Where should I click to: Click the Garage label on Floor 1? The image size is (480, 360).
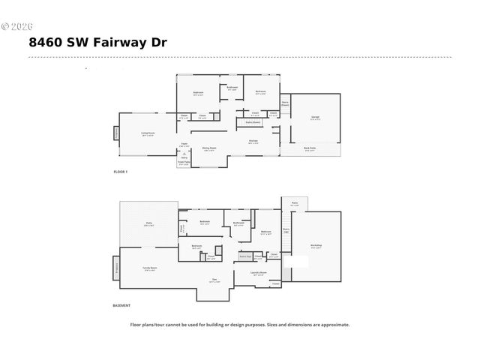[315, 117]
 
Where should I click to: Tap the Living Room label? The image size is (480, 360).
[148, 133]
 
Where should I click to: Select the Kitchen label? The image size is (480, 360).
[253, 141]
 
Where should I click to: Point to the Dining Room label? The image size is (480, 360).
[209, 148]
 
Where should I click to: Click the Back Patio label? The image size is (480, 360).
[309, 148]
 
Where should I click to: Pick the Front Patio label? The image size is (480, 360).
[183, 162]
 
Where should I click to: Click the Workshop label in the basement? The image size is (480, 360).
[316, 246]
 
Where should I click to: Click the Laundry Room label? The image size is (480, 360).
[258, 273]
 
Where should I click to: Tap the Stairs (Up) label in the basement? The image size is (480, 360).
[286, 230]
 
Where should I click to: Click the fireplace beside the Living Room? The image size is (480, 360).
[116, 134]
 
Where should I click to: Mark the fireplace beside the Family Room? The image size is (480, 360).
[116, 267]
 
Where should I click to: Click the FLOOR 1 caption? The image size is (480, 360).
[121, 172]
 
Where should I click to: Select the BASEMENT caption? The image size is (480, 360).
[121, 305]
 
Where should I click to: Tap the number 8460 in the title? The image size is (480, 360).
[46, 42]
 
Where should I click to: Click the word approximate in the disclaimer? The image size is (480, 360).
[332, 325]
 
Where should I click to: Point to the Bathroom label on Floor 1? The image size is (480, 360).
[232, 88]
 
